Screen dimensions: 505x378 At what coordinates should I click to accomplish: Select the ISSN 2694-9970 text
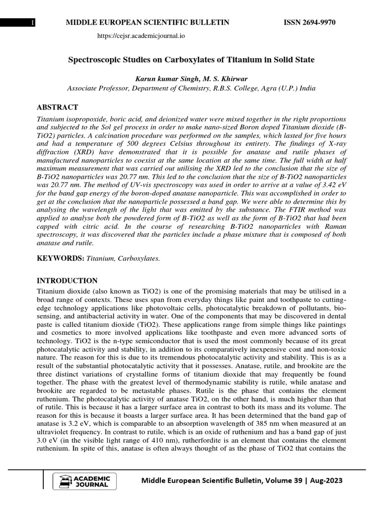[311, 23]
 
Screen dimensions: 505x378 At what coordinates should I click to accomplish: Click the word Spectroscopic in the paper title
[94, 60]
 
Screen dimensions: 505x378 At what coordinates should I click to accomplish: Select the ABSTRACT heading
[58, 108]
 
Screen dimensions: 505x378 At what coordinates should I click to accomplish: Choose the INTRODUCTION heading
[67, 281]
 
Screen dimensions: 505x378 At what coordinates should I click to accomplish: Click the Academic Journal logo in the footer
[84, 480]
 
